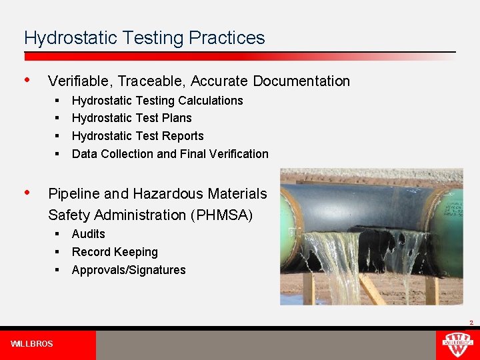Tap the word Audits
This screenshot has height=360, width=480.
[x=89, y=234]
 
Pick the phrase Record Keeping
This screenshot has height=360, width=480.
[x=115, y=252]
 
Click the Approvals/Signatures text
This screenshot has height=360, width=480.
[x=129, y=270]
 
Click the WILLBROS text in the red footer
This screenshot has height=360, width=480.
[x=31, y=344]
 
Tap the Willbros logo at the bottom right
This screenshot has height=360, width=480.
[x=457, y=345]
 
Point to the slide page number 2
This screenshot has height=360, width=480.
[x=471, y=323]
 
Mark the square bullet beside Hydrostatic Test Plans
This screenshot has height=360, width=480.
[x=58, y=118]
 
